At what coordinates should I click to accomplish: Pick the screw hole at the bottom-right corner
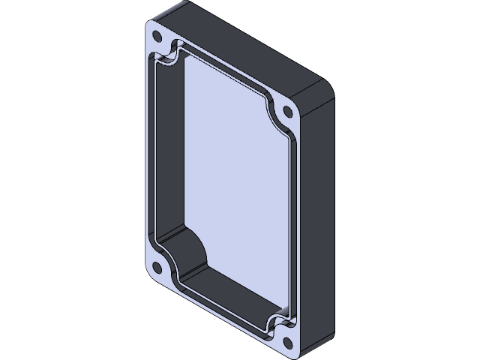pos(289,343)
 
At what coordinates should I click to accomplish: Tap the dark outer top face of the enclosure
pos(247,52)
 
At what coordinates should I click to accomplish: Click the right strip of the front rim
pos(295,225)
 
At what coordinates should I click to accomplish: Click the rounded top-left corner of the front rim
pos(150,26)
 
